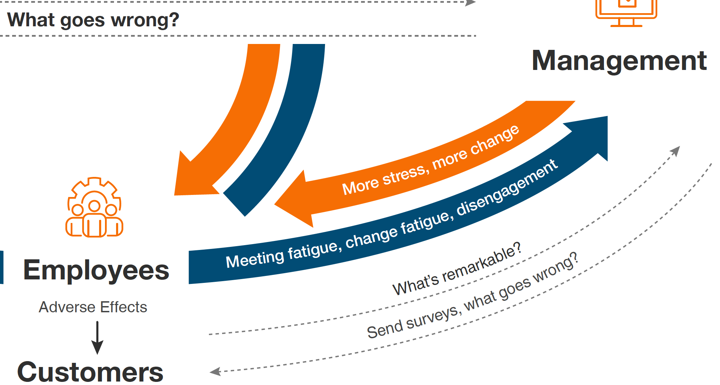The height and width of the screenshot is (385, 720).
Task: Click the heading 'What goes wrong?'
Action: coord(93,20)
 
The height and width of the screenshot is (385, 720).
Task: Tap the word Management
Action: coord(619,61)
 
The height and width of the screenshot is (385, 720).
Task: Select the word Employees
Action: coord(96,270)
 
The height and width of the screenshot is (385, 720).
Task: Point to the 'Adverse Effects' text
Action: coord(93,307)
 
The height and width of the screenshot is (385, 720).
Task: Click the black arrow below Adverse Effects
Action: coord(97,338)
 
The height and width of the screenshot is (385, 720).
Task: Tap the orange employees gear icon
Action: coord(94,207)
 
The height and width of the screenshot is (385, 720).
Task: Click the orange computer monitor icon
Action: coord(626,13)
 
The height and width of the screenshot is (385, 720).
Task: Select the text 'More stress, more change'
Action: coord(431,160)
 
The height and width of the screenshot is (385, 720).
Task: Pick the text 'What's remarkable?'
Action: coord(457,269)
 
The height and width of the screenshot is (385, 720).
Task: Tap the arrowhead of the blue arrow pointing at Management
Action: coord(589,135)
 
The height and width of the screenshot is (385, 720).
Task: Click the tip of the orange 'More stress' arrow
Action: coord(275,204)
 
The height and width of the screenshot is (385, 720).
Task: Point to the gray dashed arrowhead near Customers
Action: coord(215,372)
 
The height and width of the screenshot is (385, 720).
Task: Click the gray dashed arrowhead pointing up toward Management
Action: coord(676,151)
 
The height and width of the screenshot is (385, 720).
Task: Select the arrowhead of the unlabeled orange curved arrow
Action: coord(194,177)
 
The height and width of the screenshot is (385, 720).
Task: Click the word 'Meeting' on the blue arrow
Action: coord(255,259)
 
